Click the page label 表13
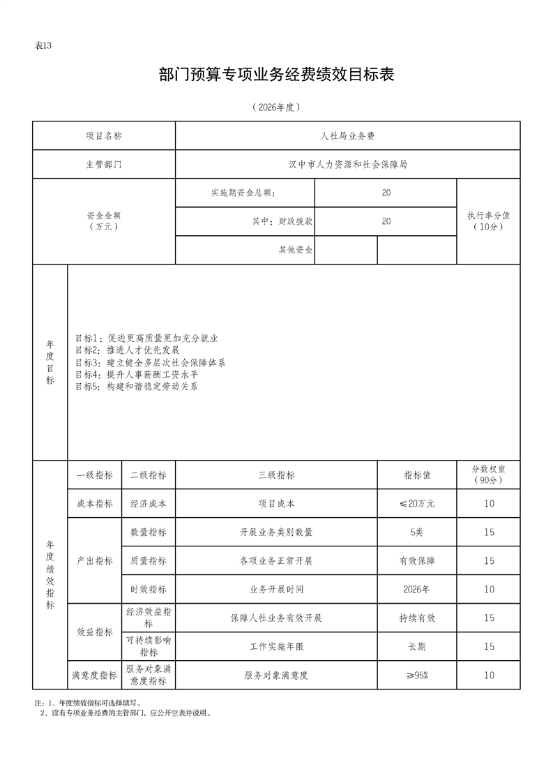click(43, 46)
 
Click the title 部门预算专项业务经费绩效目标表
click(277, 75)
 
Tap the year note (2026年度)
click(277, 107)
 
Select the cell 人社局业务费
click(347, 136)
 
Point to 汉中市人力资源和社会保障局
click(347, 165)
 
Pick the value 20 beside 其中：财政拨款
click(386, 221)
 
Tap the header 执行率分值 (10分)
click(488, 221)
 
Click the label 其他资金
click(296, 250)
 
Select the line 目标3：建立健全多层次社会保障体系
click(150, 363)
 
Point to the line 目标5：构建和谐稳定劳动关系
click(136, 386)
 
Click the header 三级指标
click(276, 475)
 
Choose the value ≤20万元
click(417, 504)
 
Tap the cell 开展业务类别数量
click(276, 532)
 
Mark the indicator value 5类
click(417, 532)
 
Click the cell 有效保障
click(417, 561)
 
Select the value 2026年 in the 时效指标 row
click(417, 590)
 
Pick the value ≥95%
click(417, 676)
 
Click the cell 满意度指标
click(94, 676)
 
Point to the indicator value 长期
click(417, 647)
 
